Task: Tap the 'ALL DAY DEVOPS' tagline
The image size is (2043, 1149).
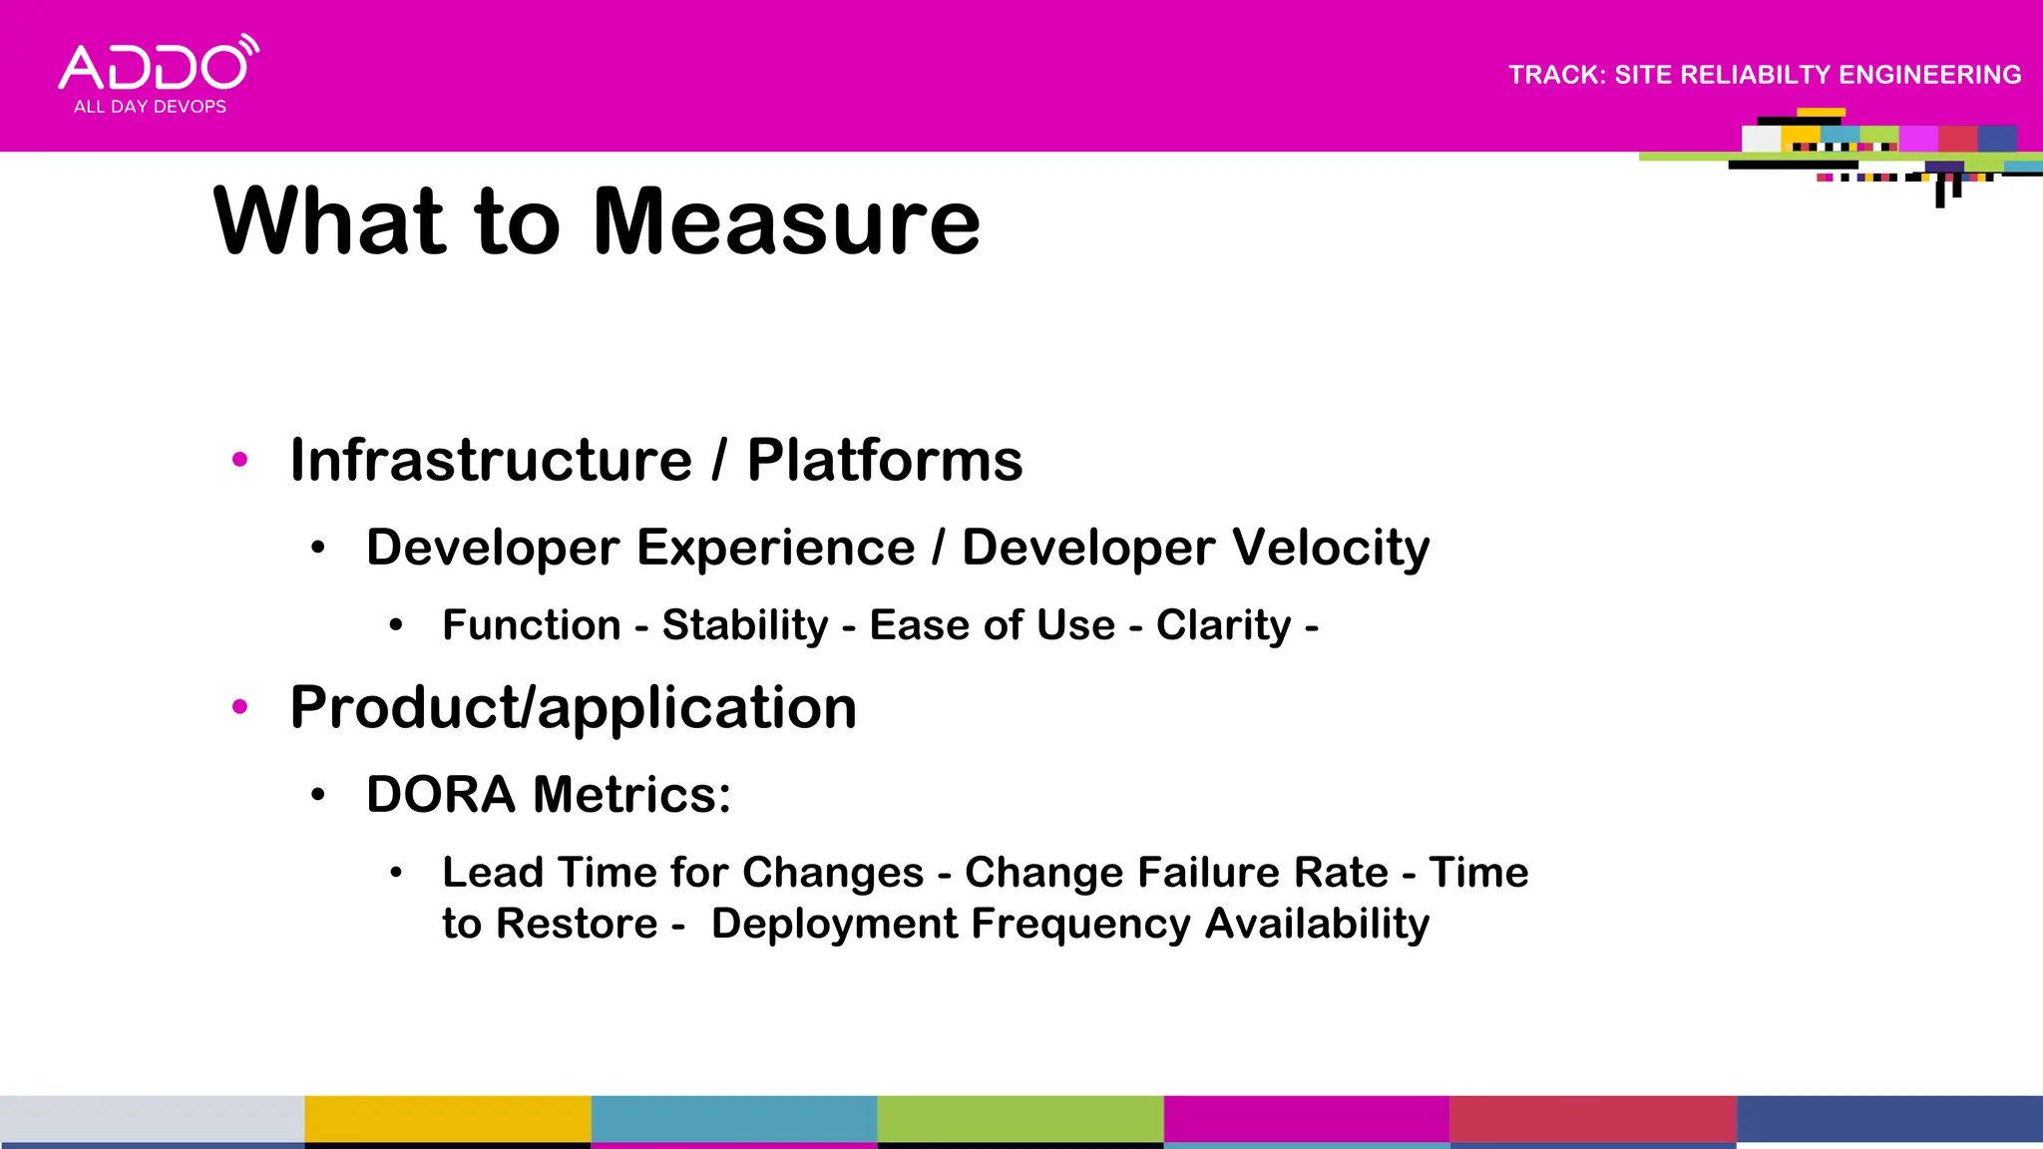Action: click(150, 107)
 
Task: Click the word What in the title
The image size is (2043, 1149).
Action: click(329, 221)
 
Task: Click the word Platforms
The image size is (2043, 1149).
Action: click(885, 460)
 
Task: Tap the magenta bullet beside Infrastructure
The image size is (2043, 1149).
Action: click(239, 460)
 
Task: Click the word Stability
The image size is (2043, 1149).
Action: click(745, 625)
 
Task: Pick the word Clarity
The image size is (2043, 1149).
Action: click(1223, 625)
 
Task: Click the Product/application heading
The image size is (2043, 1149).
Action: click(574, 707)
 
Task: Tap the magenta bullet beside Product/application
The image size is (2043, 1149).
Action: click(239, 707)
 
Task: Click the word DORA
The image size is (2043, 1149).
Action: click(440, 795)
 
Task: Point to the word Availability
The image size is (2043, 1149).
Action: click(1317, 924)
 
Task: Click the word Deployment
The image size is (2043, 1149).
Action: click(834, 924)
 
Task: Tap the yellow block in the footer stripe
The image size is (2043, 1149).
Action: click(447, 1119)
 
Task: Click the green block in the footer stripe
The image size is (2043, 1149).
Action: click(1020, 1119)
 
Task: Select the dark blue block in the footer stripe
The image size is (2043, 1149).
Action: click(1889, 1119)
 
